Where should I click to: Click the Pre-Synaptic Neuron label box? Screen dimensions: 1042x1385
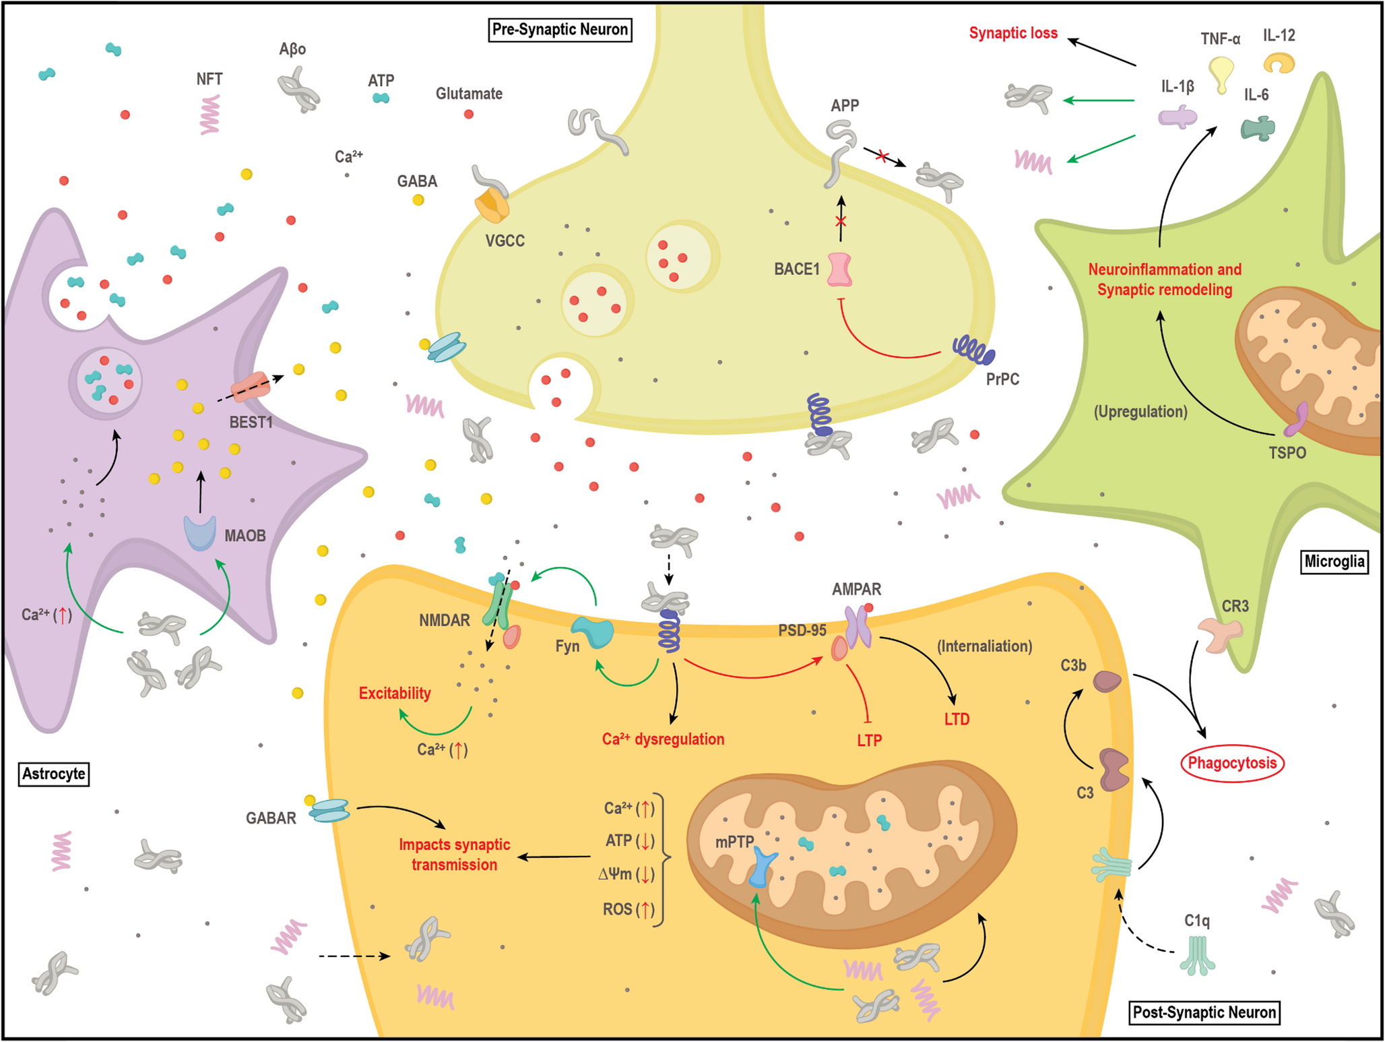(x=560, y=30)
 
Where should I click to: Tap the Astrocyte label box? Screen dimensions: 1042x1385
(x=53, y=774)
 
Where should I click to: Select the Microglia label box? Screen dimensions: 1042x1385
(x=1334, y=561)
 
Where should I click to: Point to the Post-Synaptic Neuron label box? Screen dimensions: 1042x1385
(x=1204, y=1012)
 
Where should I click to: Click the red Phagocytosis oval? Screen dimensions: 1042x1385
(x=1232, y=763)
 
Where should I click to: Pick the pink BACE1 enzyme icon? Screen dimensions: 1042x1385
(x=840, y=269)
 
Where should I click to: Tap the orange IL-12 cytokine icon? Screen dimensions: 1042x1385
(x=1279, y=63)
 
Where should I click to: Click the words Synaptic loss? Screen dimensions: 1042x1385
(x=1013, y=33)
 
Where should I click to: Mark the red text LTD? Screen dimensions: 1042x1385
(x=957, y=719)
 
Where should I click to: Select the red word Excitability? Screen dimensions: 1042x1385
(x=395, y=693)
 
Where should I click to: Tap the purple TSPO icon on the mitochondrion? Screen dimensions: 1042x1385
(x=1295, y=419)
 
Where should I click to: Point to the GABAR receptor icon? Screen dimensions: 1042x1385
(x=330, y=810)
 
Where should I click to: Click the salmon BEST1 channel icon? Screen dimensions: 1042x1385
(x=250, y=386)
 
